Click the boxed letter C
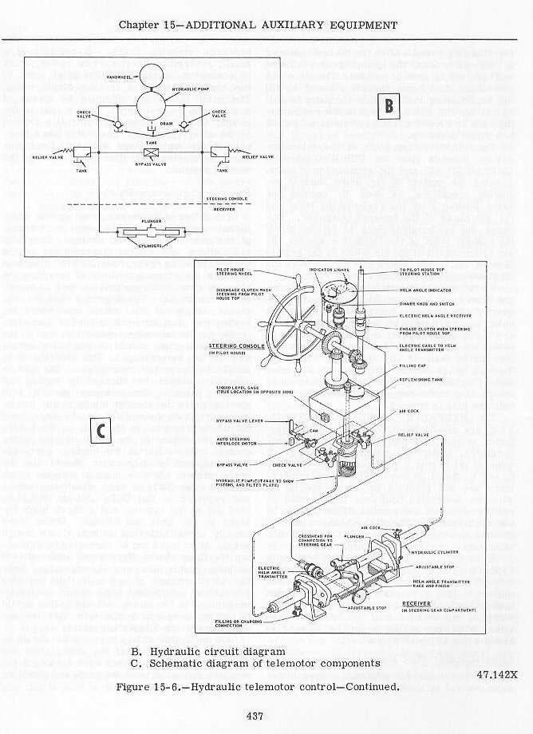pyautogui.click(x=101, y=431)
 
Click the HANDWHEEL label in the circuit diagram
pyautogui.click(x=119, y=77)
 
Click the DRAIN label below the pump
pyautogui.click(x=166, y=124)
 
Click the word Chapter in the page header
pyautogui.click(x=140, y=25)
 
